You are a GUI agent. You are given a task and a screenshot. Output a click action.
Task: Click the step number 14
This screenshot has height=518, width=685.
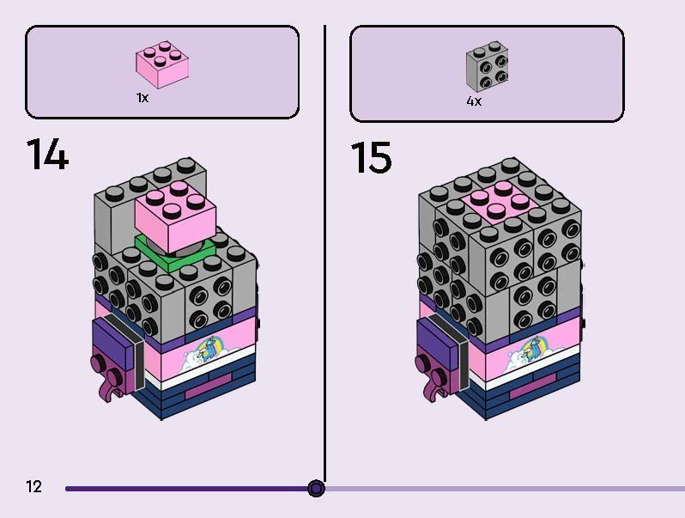point(47,154)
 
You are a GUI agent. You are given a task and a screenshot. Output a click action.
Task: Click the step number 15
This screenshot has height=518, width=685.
point(371,157)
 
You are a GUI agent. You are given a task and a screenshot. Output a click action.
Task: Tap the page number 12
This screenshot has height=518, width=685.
point(34,486)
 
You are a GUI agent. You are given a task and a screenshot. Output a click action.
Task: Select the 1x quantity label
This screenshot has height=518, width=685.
point(142,97)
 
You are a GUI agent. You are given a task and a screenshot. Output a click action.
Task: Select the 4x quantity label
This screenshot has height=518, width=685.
point(474,101)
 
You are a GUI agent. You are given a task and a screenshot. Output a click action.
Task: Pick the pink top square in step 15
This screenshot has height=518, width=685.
point(500,203)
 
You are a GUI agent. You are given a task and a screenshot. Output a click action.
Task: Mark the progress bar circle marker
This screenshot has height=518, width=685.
point(316,488)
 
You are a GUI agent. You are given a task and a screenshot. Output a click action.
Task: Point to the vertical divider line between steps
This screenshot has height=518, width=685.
point(324,253)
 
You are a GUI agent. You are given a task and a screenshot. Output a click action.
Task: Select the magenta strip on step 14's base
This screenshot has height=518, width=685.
point(208,387)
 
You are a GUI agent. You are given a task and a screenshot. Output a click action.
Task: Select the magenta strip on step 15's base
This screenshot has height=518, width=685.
point(533,387)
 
